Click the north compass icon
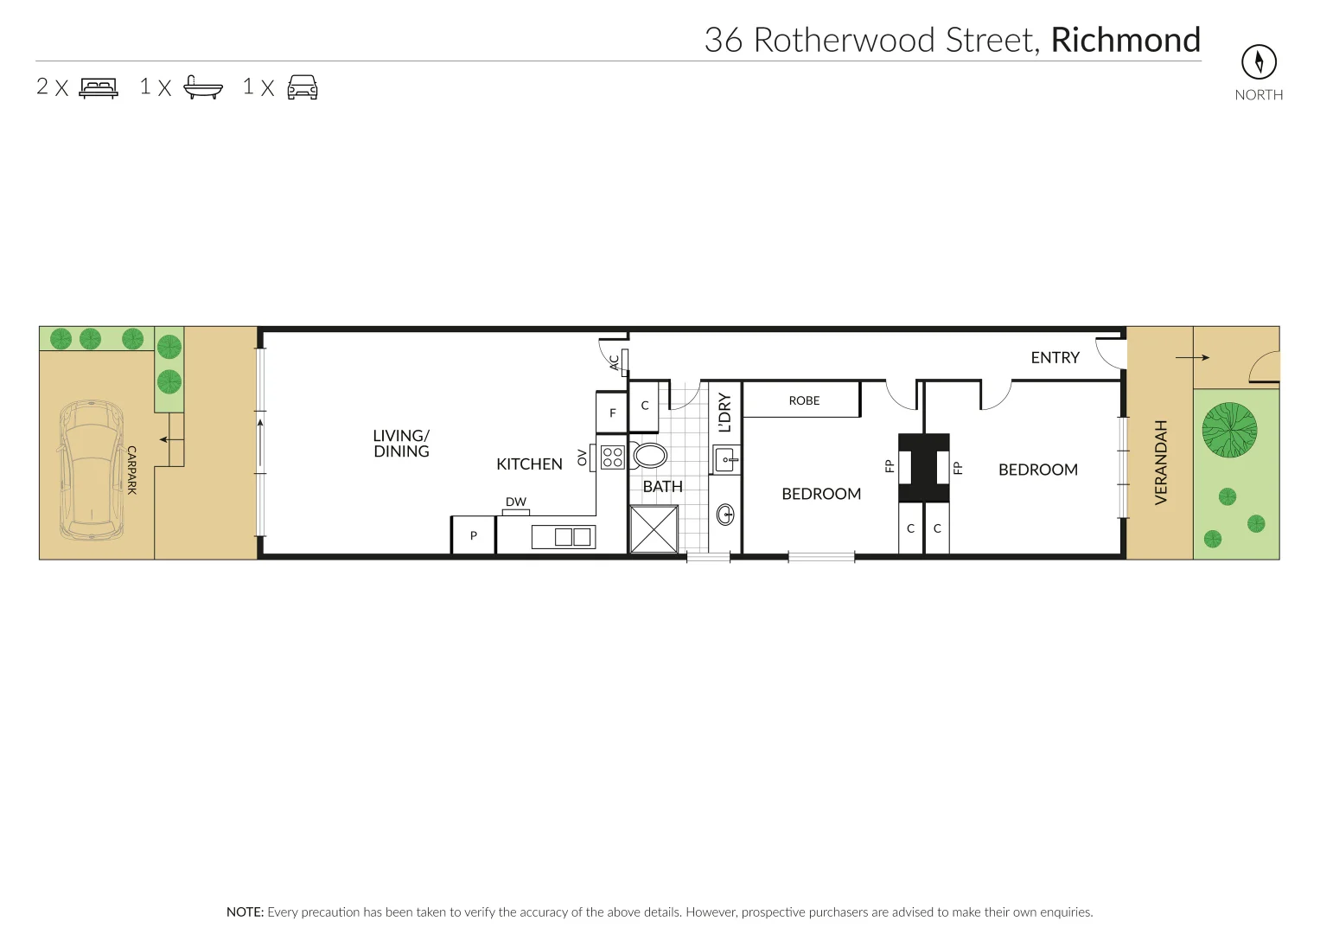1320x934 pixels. pyautogui.click(x=1259, y=61)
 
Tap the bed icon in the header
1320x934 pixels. pyautogui.click(x=99, y=88)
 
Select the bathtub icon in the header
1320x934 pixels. pyautogui.click(x=203, y=88)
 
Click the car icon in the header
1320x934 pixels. pyautogui.click(x=303, y=88)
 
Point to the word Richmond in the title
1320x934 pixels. pyautogui.click(x=1125, y=41)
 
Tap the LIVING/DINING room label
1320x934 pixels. pyautogui.click(x=401, y=444)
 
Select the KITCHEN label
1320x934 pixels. pyautogui.click(x=529, y=464)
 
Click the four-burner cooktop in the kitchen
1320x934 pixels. pyautogui.click(x=613, y=457)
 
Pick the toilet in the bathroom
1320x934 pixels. pyautogui.click(x=649, y=455)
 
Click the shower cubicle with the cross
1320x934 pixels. pyautogui.click(x=654, y=529)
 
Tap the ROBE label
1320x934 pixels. pyautogui.click(x=804, y=400)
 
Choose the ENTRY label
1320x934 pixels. pyautogui.click(x=1055, y=358)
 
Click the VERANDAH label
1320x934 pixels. pyautogui.click(x=1161, y=462)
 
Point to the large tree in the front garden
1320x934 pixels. pyautogui.click(x=1229, y=430)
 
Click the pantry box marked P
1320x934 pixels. pyautogui.click(x=473, y=535)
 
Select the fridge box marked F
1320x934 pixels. pyautogui.click(x=612, y=413)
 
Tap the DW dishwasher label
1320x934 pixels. pyautogui.click(x=516, y=502)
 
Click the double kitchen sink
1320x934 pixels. pyautogui.click(x=572, y=537)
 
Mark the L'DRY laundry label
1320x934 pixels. pyautogui.click(x=724, y=413)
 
